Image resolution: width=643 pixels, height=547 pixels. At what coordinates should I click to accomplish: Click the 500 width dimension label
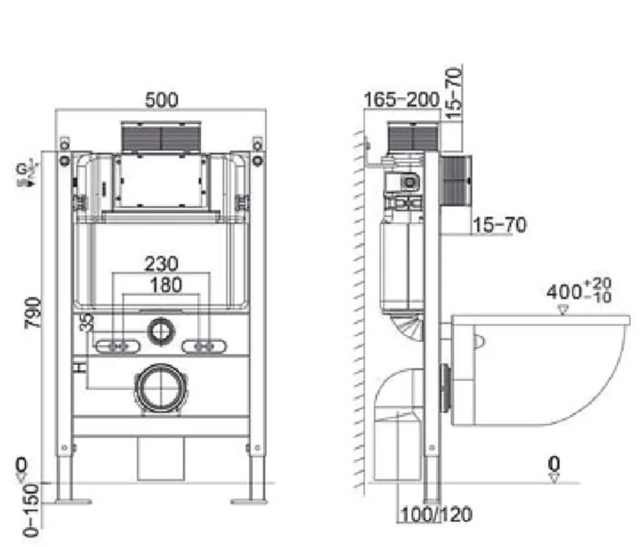[x=161, y=100]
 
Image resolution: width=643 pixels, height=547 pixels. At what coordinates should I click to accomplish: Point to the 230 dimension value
[x=161, y=263]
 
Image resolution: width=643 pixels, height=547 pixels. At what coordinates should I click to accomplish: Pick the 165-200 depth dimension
[x=402, y=100]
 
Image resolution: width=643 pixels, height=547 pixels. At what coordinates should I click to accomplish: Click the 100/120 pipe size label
[x=435, y=515]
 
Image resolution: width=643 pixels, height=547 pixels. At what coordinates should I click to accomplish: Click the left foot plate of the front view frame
[x=73, y=501]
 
